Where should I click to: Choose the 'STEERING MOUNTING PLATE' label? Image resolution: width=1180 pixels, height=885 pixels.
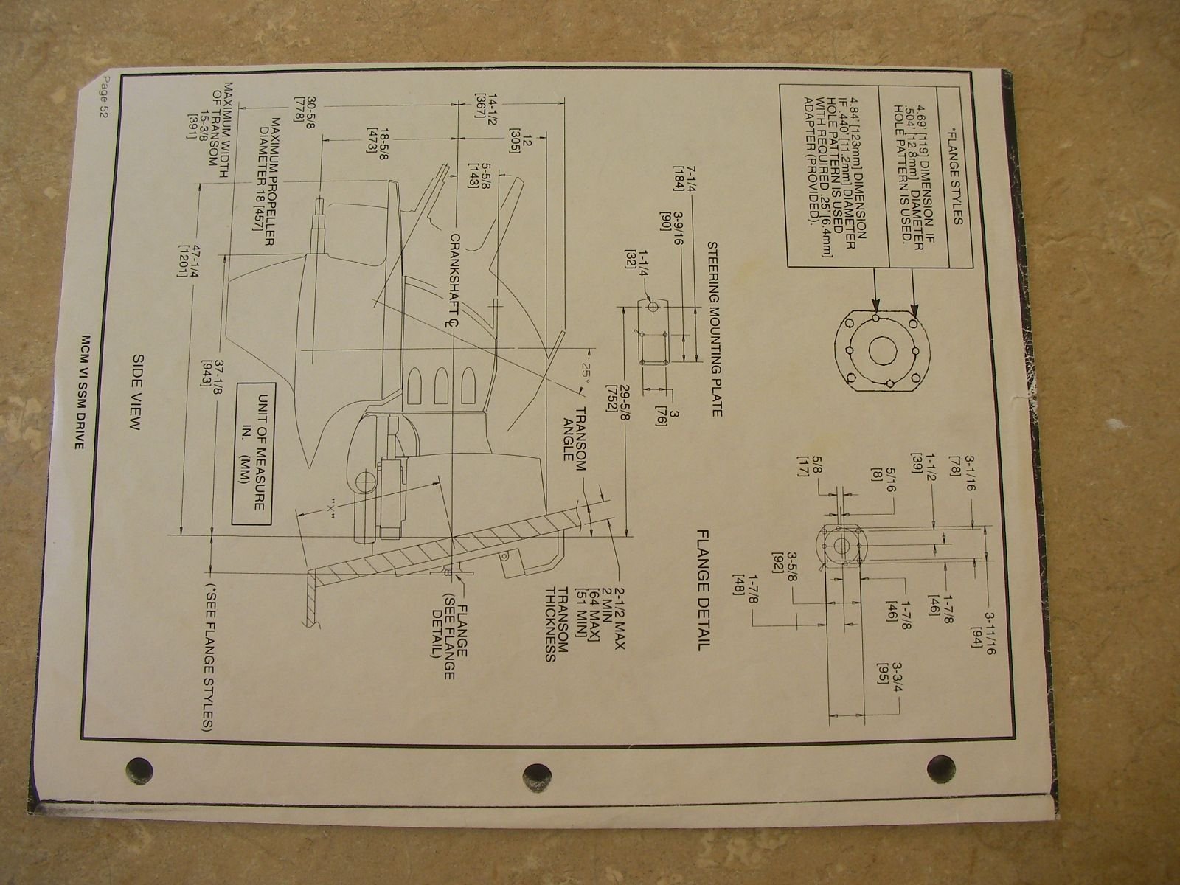pyautogui.click(x=715, y=329)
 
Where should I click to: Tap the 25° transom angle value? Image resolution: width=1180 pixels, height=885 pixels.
pyautogui.click(x=586, y=372)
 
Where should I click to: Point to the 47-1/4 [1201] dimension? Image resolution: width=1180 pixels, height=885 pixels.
pyautogui.click(x=189, y=262)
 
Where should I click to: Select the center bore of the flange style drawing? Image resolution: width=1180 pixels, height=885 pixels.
pyautogui.click(x=883, y=350)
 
